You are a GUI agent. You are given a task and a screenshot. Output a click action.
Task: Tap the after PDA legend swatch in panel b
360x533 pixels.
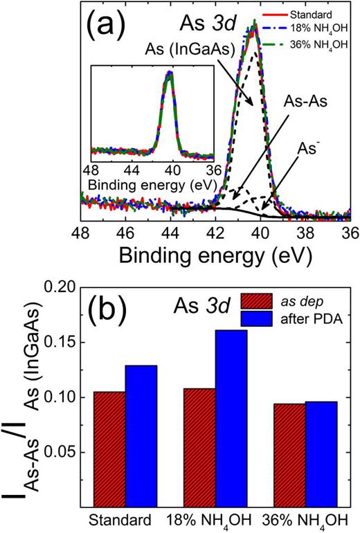[255, 318]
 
